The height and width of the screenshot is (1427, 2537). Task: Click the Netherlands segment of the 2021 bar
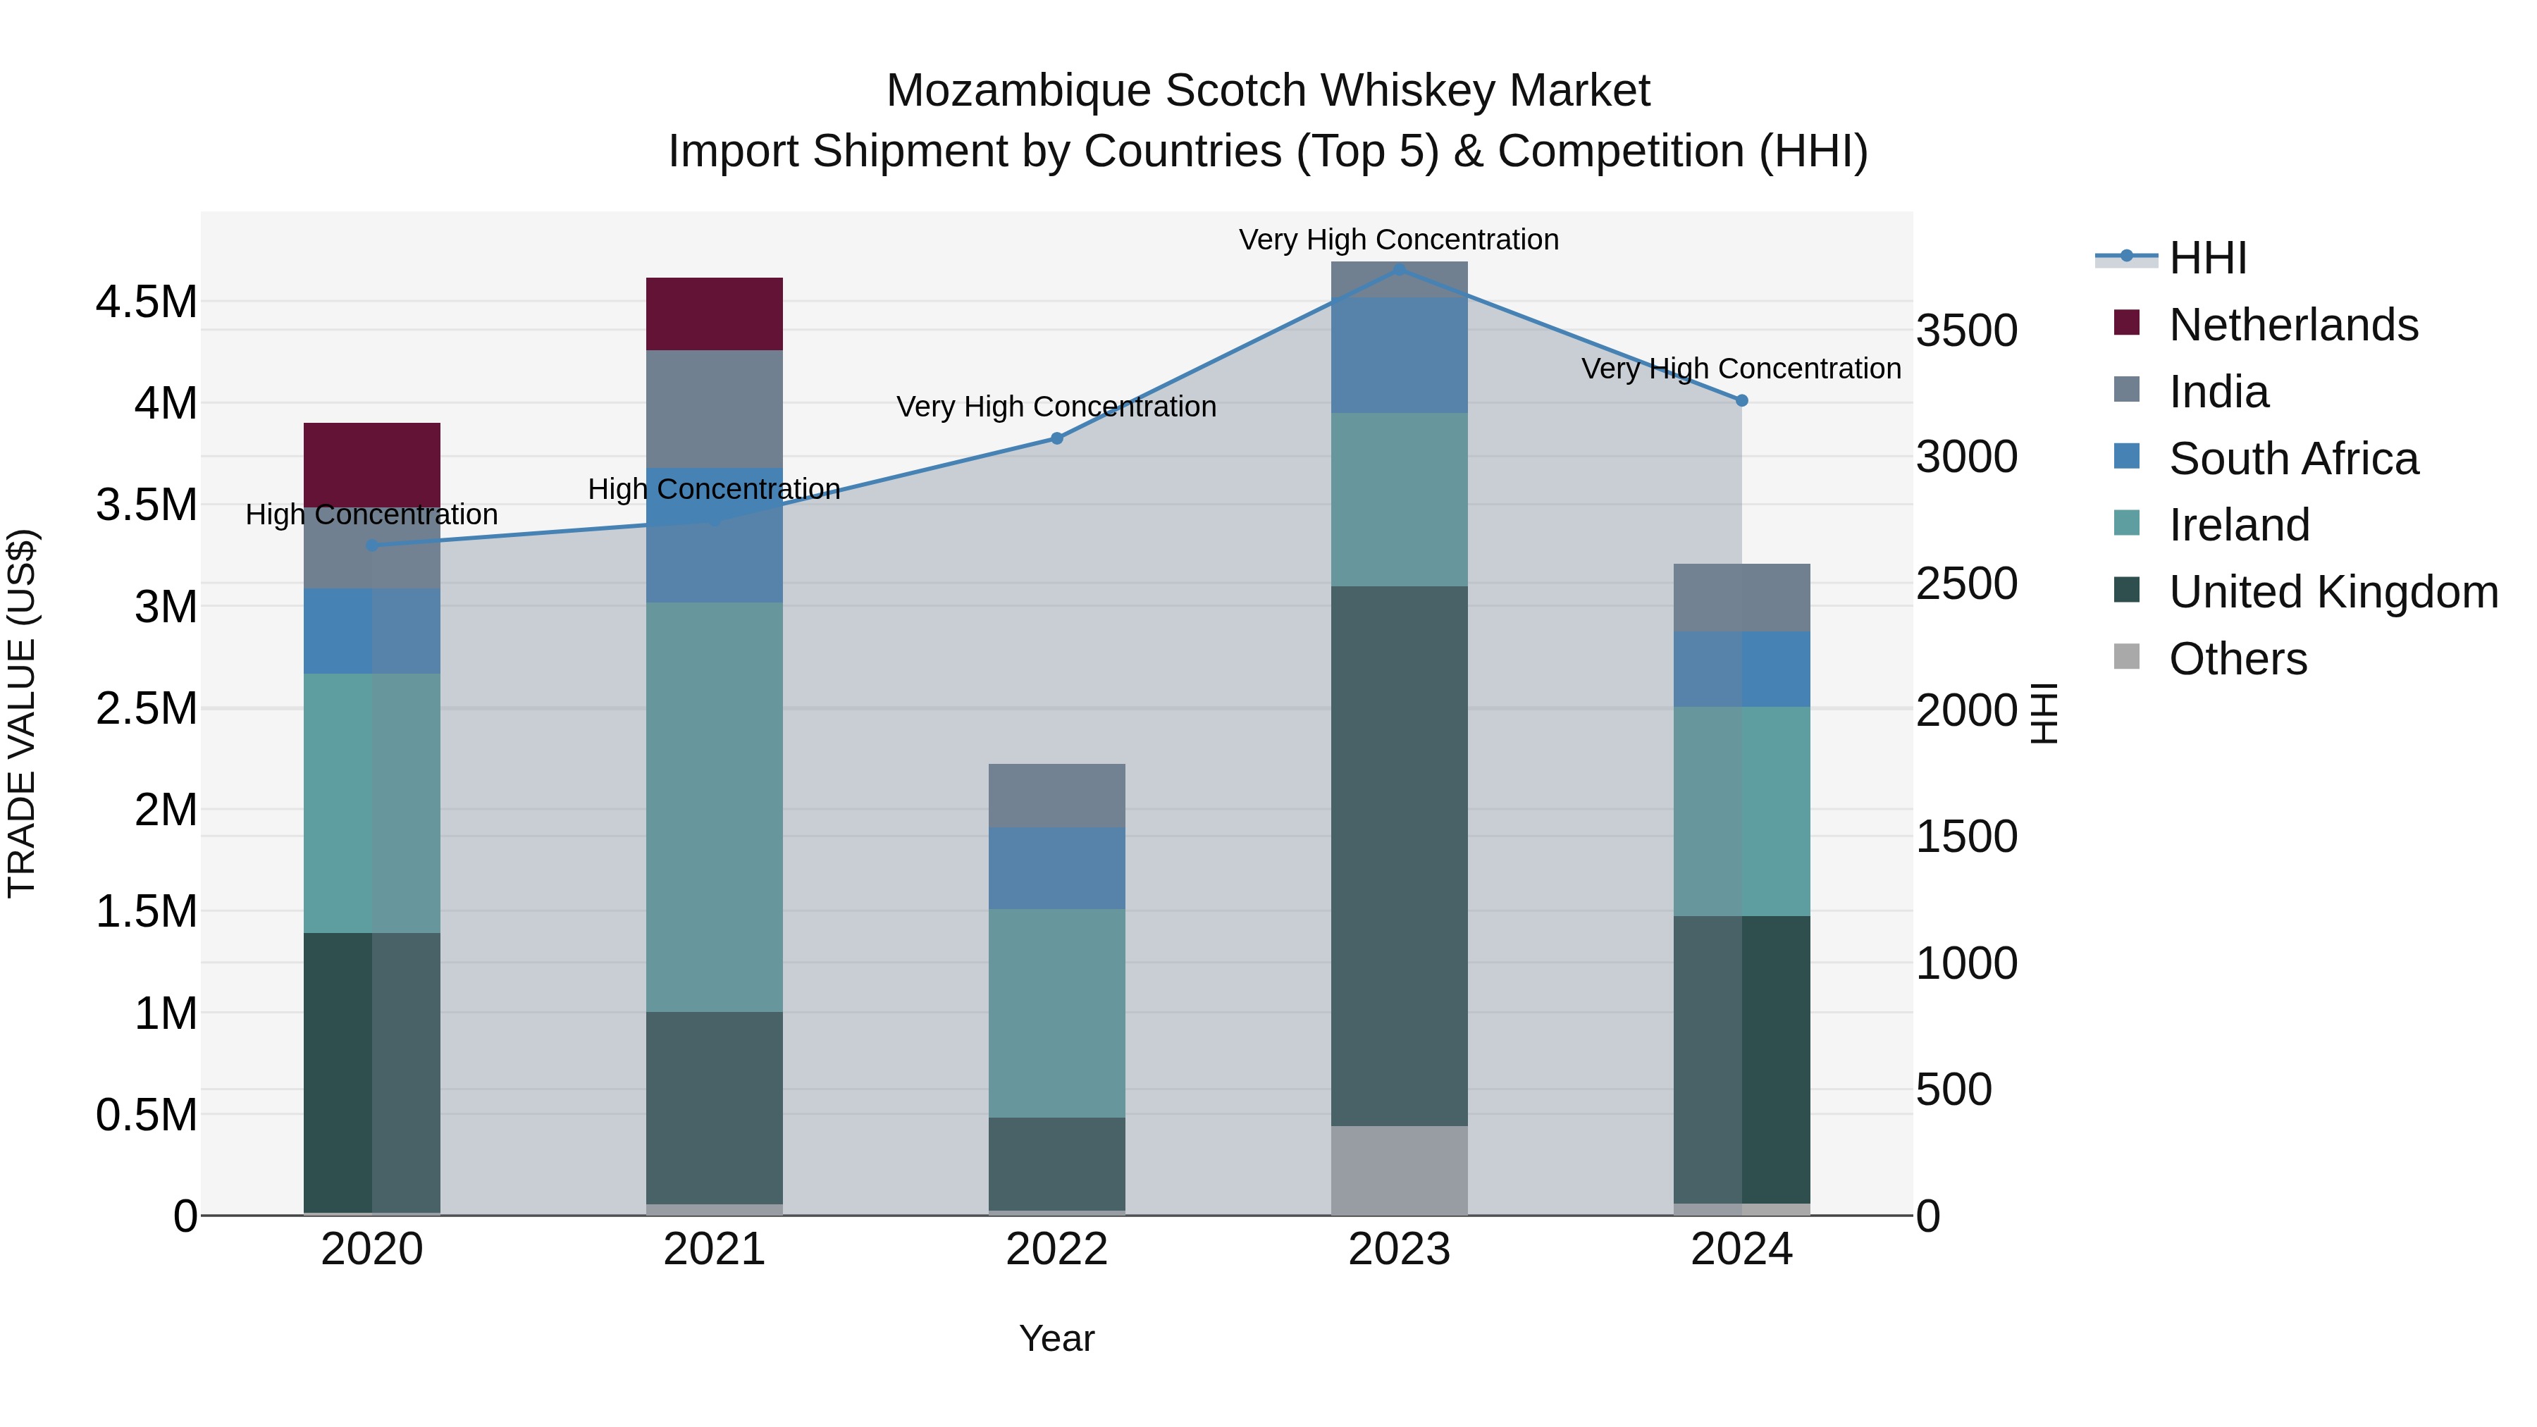[x=714, y=314]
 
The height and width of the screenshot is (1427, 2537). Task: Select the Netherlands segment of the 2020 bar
[x=371, y=465]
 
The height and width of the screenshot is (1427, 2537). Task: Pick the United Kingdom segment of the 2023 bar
[x=1398, y=855]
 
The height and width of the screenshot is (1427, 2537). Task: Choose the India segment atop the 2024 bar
[x=1741, y=598]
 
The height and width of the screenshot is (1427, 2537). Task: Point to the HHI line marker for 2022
[x=1057, y=438]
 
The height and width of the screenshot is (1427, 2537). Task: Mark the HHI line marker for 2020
[x=371, y=545]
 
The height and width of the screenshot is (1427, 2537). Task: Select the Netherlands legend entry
[x=2292, y=325]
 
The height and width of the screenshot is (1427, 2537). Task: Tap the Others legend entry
[x=2237, y=659]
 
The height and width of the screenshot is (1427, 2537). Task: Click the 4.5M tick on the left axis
[x=147, y=302]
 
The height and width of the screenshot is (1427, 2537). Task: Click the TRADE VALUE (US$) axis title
[x=23, y=713]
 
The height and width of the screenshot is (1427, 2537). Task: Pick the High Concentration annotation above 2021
[x=714, y=490]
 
